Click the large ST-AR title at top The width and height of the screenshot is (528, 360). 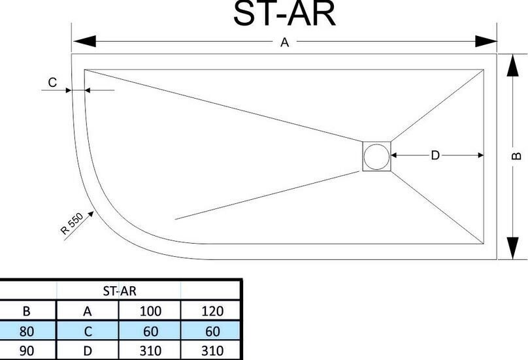point(284,14)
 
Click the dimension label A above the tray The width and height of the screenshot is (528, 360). point(284,42)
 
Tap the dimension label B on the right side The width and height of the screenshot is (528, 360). point(516,156)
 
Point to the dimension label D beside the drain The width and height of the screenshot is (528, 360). point(435,155)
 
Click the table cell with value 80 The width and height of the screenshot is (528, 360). point(27,331)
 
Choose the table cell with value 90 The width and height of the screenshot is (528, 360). point(27,351)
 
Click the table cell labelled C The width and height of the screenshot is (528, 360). point(88,331)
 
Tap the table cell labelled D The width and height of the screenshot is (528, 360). point(88,351)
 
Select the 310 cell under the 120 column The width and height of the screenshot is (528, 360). point(212,351)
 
